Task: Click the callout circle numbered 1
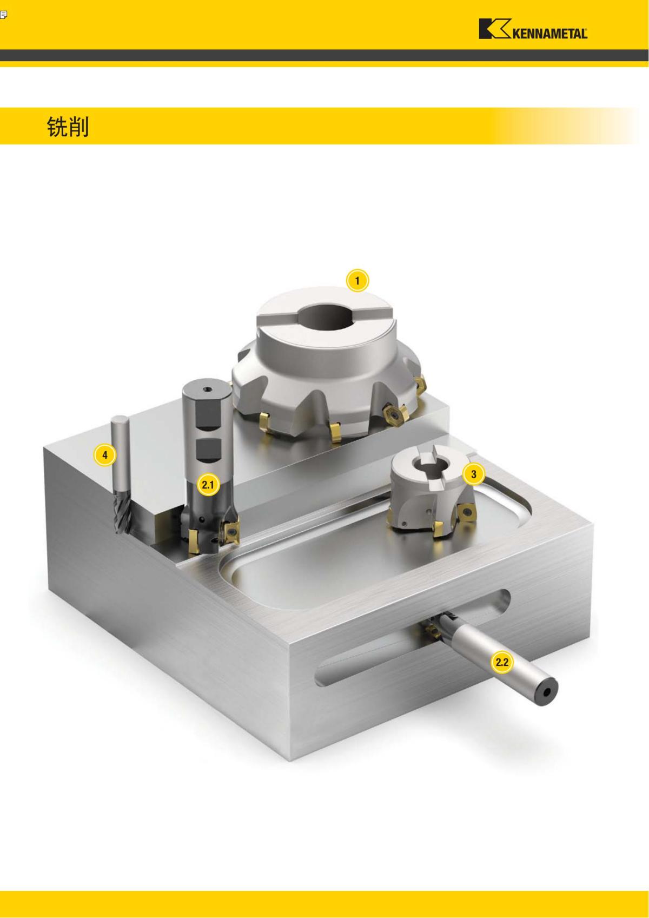pyautogui.click(x=357, y=281)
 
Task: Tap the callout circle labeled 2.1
pyautogui.click(x=208, y=485)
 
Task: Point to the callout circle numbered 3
pyautogui.click(x=474, y=474)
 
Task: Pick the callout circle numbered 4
pyautogui.click(x=105, y=455)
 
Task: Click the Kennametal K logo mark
pyautogui.click(x=494, y=29)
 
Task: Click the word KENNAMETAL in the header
pyautogui.click(x=549, y=34)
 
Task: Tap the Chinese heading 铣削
pyautogui.click(x=68, y=127)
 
